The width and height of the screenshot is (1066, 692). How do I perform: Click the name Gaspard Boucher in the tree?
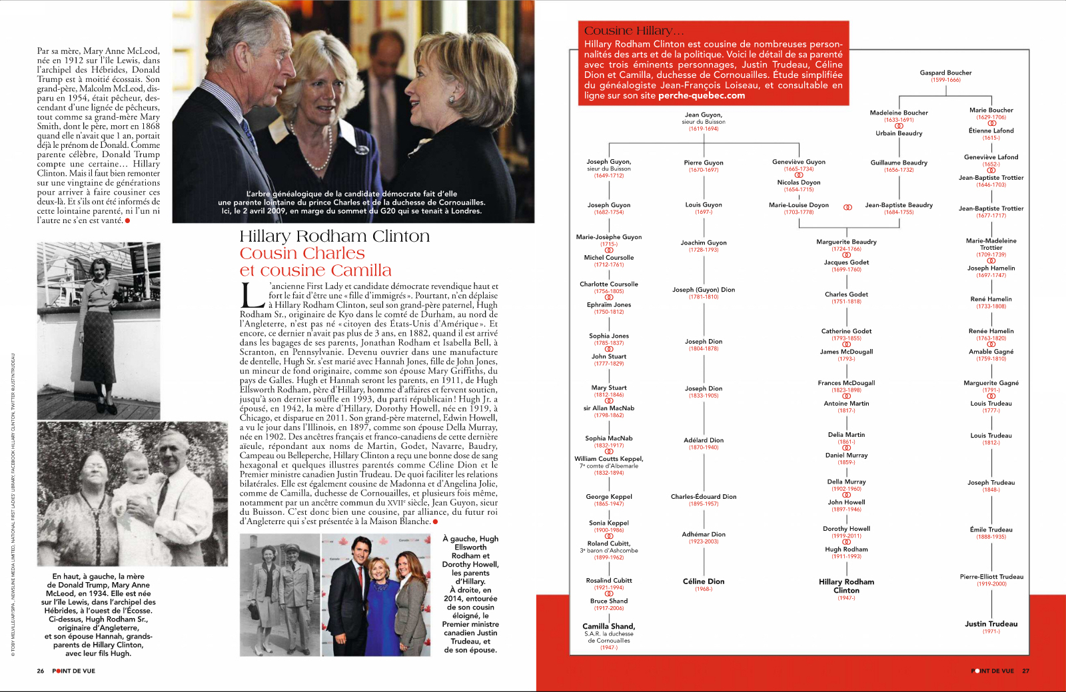click(x=945, y=73)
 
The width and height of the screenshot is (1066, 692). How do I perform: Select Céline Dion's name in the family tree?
click(x=703, y=581)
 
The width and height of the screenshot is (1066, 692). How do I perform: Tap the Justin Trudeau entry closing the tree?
click(x=991, y=624)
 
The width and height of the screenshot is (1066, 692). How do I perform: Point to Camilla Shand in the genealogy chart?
click(x=608, y=626)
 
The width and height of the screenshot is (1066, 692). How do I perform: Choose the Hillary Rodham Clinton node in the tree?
click(x=846, y=585)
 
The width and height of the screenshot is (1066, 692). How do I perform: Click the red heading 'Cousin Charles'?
click(x=302, y=254)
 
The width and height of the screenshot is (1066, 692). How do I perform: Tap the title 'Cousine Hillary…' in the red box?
click(x=634, y=31)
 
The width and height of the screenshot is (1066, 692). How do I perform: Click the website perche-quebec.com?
click(x=702, y=95)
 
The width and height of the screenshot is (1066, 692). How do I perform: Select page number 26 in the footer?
click(x=41, y=671)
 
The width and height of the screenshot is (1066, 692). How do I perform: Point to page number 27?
click(x=1025, y=671)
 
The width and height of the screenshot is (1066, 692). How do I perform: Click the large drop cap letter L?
click(x=253, y=296)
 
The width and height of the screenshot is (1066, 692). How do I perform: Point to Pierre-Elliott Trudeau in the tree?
click(x=991, y=577)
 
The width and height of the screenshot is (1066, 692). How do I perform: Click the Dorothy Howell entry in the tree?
click(x=846, y=529)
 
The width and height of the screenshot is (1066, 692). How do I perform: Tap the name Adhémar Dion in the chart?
click(x=703, y=534)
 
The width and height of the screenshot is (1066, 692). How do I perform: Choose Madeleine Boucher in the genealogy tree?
click(x=898, y=113)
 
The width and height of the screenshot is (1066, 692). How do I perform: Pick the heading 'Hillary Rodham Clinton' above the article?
click(x=334, y=236)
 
